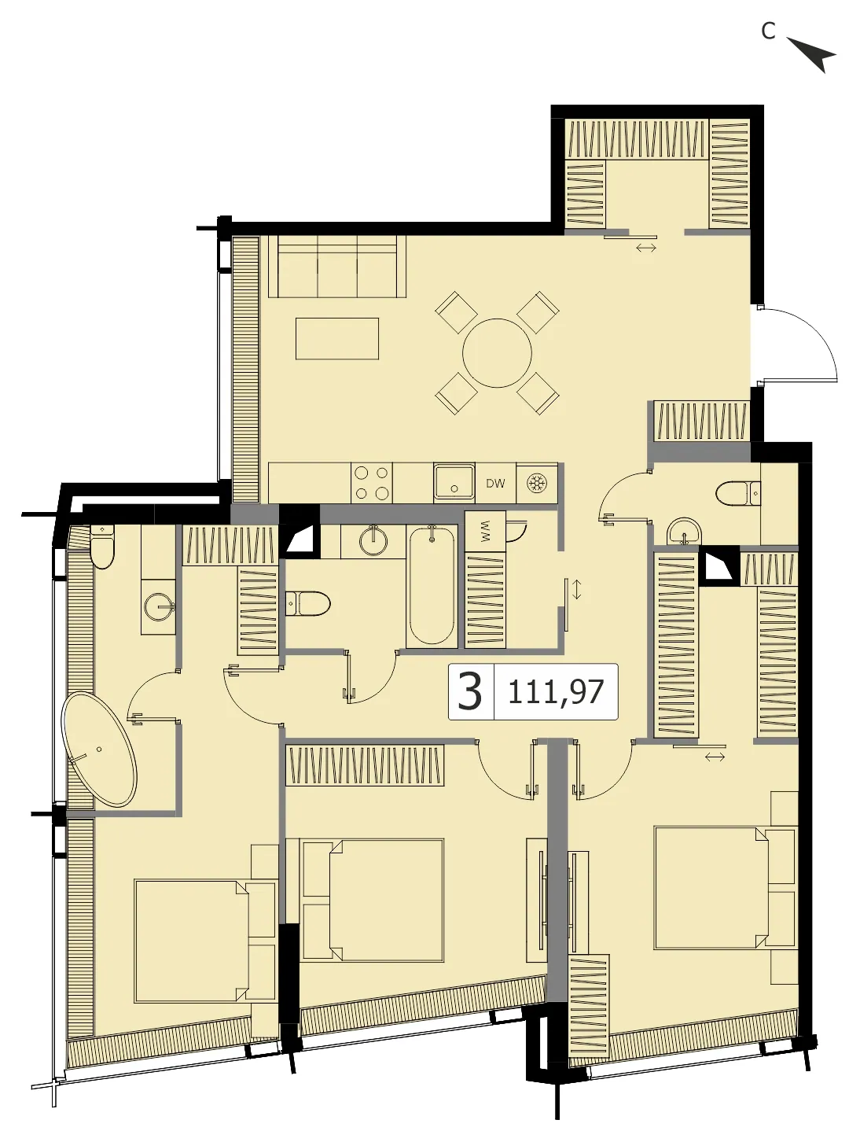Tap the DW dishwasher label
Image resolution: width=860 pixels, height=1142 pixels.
pyautogui.click(x=495, y=484)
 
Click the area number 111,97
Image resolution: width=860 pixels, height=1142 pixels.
pyautogui.click(x=555, y=692)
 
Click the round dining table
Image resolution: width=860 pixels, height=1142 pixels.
pyautogui.click(x=497, y=353)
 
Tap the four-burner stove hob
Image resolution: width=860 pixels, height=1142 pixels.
pyautogui.click(x=371, y=484)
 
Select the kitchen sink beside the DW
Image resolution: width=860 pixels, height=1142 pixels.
pyautogui.click(x=454, y=484)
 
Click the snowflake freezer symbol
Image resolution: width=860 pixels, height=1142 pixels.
pyautogui.click(x=535, y=484)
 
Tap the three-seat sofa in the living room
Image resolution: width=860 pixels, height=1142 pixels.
pyautogui.click(x=336, y=267)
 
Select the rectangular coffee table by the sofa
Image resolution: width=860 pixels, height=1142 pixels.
pyautogui.click(x=337, y=339)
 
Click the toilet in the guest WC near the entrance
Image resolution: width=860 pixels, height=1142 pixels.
pyautogui.click(x=738, y=493)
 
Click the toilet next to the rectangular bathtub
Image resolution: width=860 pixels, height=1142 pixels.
pyautogui.click(x=308, y=604)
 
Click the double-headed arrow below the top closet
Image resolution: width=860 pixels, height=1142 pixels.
pyautogui.click(x=645, y=248)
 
